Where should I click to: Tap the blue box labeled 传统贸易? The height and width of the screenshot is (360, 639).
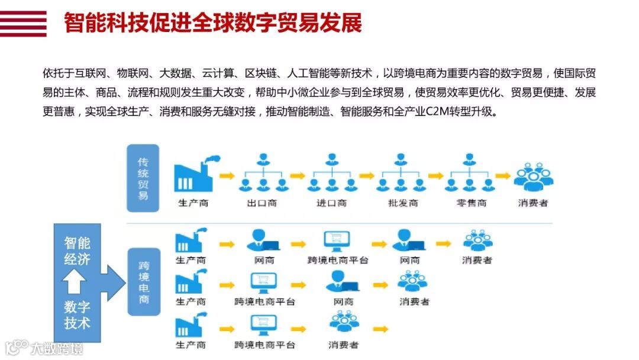(x=143, y=178)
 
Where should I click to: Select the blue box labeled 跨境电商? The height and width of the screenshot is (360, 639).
(x=144, y=281)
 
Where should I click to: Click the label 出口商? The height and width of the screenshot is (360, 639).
(x=262, y=203)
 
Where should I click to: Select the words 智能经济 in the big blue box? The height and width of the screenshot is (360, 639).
(x=78, y=251)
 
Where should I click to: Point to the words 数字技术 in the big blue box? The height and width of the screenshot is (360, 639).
(x=78, y=315)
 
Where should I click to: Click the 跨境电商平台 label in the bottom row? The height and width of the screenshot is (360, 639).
(x=264, y=345)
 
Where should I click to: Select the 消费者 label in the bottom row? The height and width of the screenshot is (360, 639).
(x=343, y=345)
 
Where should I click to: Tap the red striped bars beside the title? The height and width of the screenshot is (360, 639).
(x=23, y=24)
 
